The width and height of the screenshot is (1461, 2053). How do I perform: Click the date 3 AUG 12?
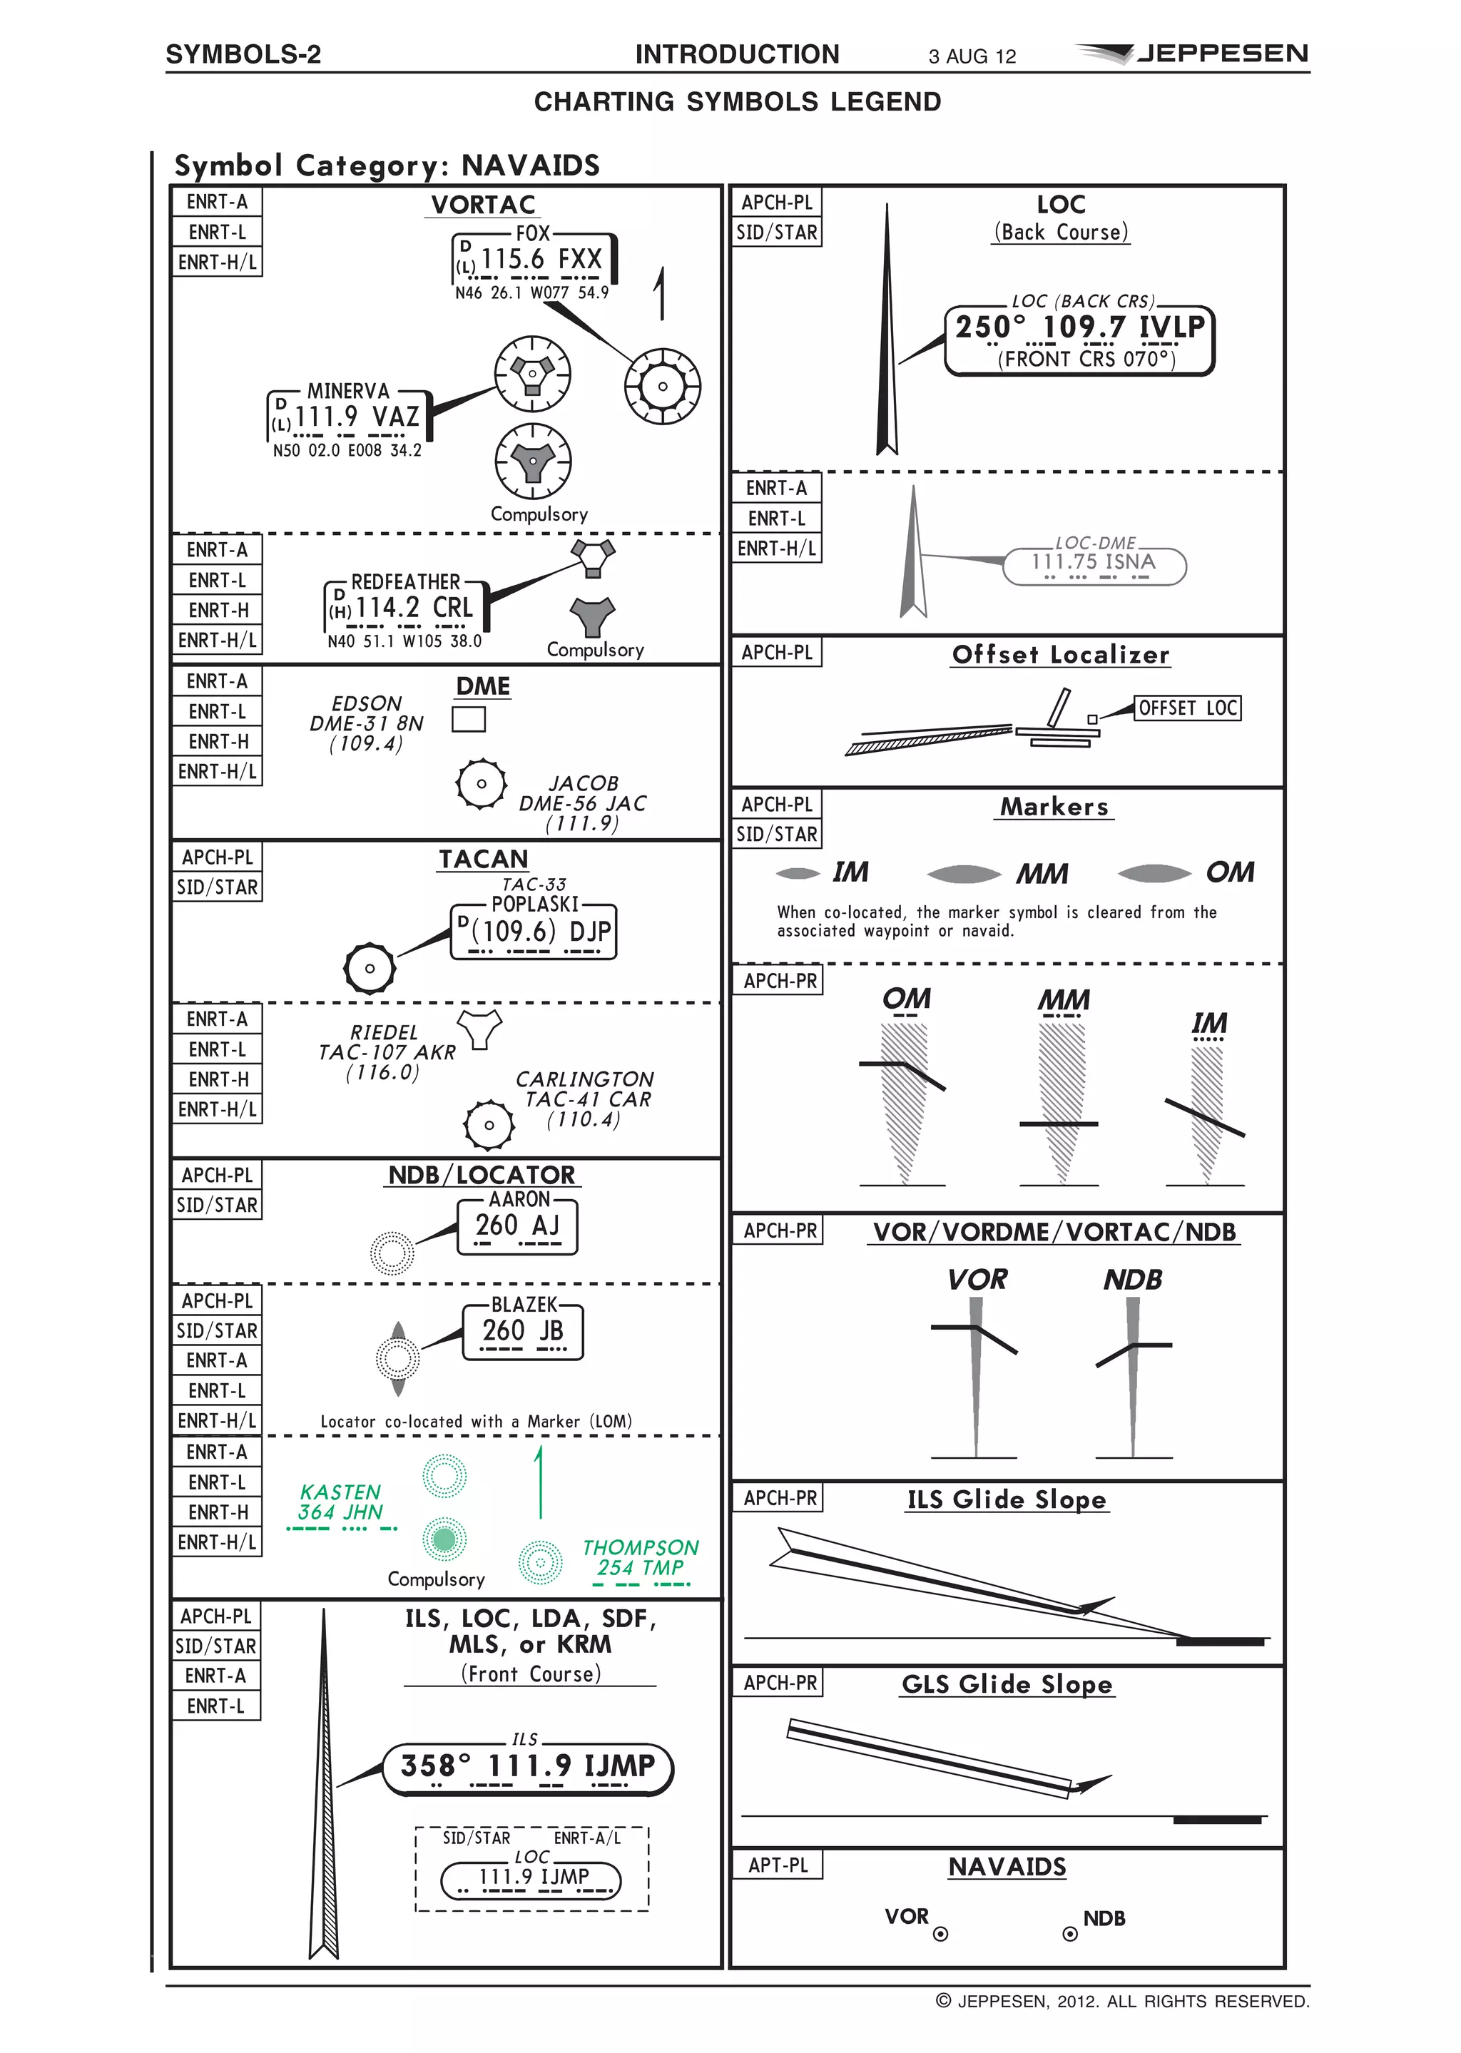(972, 56)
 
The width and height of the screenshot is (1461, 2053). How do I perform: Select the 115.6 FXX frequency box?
(534, 259)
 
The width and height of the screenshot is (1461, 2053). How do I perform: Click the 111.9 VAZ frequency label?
(349, 417)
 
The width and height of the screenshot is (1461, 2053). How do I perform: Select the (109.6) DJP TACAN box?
(534, 930)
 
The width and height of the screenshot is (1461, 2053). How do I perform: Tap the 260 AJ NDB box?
(517, 1226)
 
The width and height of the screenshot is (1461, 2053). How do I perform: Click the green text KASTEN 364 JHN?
(340, 1502)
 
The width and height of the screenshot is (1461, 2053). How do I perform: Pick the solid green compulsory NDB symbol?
(444, 1539)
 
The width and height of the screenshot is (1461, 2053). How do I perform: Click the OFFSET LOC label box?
(1188, 708)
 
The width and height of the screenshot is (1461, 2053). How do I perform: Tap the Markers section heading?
(1055, 806)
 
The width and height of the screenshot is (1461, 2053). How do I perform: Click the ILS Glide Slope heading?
(1007, 1499)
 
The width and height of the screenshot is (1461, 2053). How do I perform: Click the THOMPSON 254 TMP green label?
(640, 1557)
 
